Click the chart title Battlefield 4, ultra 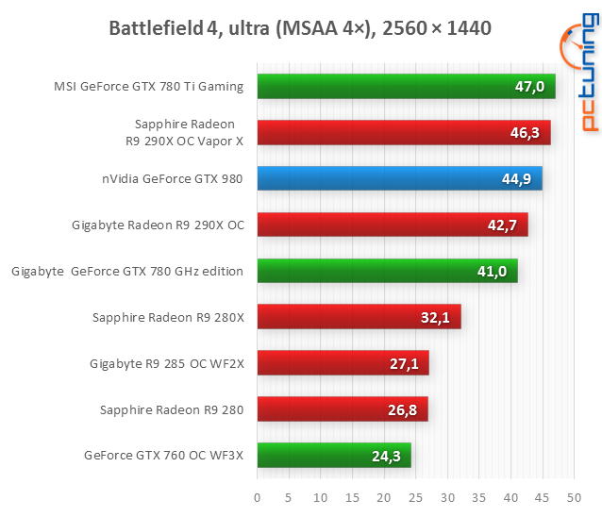pos(301,28)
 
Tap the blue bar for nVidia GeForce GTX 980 pos(399,178)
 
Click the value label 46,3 pos(524,133)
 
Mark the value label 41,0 pos(490,272)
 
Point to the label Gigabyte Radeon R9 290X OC pos(158,225)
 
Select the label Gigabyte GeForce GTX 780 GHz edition pos(127,271)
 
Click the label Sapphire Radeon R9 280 pos(172,409)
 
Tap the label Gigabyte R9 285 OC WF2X pos(167,363)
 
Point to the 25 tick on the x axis pos(384,496)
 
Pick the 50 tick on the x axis pos(511,496)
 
